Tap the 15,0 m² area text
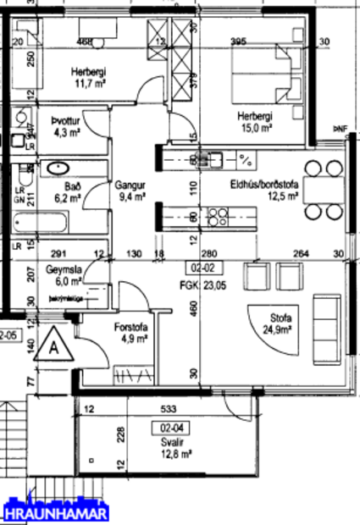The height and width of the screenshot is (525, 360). click(254, 128)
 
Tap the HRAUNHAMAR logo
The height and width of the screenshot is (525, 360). click(56, 511)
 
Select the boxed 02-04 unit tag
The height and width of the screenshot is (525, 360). click(172, 428)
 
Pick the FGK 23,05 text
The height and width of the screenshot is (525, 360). click(196, 286)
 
